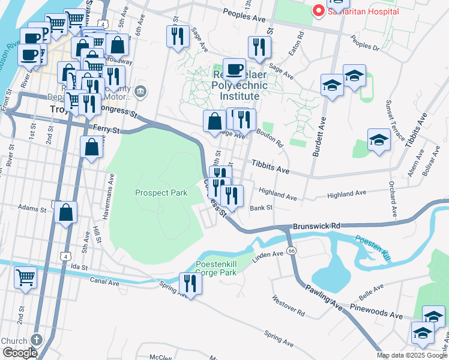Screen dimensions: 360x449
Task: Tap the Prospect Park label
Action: pos(161,193)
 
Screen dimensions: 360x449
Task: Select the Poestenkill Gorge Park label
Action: pos(216,268)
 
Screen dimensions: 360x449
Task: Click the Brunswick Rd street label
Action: pos(316,226)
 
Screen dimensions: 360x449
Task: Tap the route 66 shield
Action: pos(292,250)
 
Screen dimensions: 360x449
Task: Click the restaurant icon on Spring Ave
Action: pos(190,283)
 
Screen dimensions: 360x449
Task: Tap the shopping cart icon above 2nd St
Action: pos(25,277)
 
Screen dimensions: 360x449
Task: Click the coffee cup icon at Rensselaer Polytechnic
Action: pos(234,68)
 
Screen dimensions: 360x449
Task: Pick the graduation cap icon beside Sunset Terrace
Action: pos(379,140)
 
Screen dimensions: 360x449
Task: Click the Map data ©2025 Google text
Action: pos(412,355)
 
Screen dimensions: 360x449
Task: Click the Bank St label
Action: pos(261,208)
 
